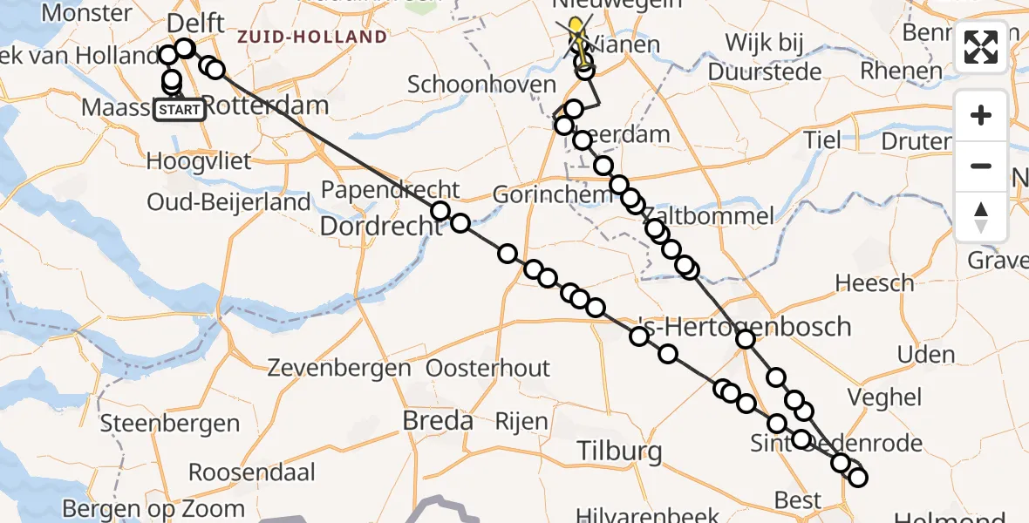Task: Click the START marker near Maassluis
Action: [181, 110]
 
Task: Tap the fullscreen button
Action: [981, 47]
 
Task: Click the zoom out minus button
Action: [981, 166]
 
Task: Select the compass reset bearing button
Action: [981, 216]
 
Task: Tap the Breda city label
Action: [438, 420]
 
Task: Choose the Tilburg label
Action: [619, 452]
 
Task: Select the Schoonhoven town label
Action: [481, 85]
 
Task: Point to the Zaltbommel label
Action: [721, 216]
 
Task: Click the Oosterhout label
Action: [488, 367]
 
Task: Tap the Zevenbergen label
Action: [340, 367]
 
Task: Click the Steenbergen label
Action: [170, 424]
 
